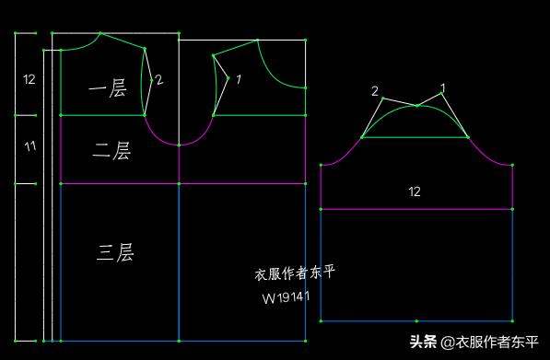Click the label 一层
click(107, 88)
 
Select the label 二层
click(111, 151)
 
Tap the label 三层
click(115, 252)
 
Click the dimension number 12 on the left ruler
click(29, 80)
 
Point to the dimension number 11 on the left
click(29, 146)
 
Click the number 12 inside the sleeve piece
click(415, 192)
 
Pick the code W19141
click(286, 297)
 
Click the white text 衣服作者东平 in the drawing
click(296, 273)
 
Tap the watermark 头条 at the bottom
click(423, 342)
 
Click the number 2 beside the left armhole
click(158, 80)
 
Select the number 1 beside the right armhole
click(238, 80)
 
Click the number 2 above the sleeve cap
click(375, 90)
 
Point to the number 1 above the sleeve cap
click(442, 88)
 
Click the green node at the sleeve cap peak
click(416, 106)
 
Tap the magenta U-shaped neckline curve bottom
click(179, 145)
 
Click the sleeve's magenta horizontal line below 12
click(416, 209)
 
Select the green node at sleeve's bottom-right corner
click(512, 321)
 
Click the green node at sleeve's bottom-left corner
click(321, 321)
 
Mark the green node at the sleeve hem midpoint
click(416, 321)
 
